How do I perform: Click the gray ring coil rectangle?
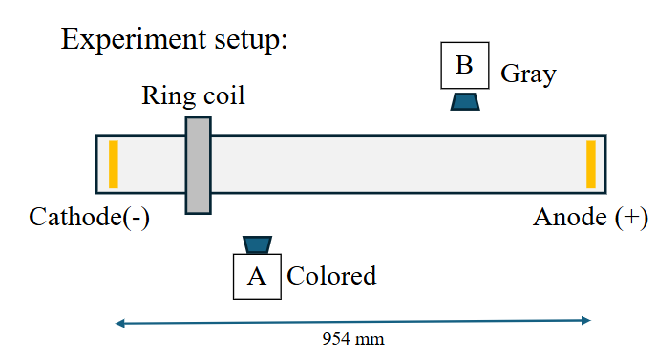198,164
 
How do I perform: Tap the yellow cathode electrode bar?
113,163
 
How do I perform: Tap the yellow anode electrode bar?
591,163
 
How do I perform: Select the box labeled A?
257,276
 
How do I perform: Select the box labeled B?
465,66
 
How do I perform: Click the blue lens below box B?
465,100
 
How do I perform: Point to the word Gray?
528,74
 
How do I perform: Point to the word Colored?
331,277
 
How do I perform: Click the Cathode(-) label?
90,217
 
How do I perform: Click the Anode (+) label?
590,218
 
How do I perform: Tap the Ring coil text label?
193,95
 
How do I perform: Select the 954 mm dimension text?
353,338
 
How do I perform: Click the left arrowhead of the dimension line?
119,324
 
